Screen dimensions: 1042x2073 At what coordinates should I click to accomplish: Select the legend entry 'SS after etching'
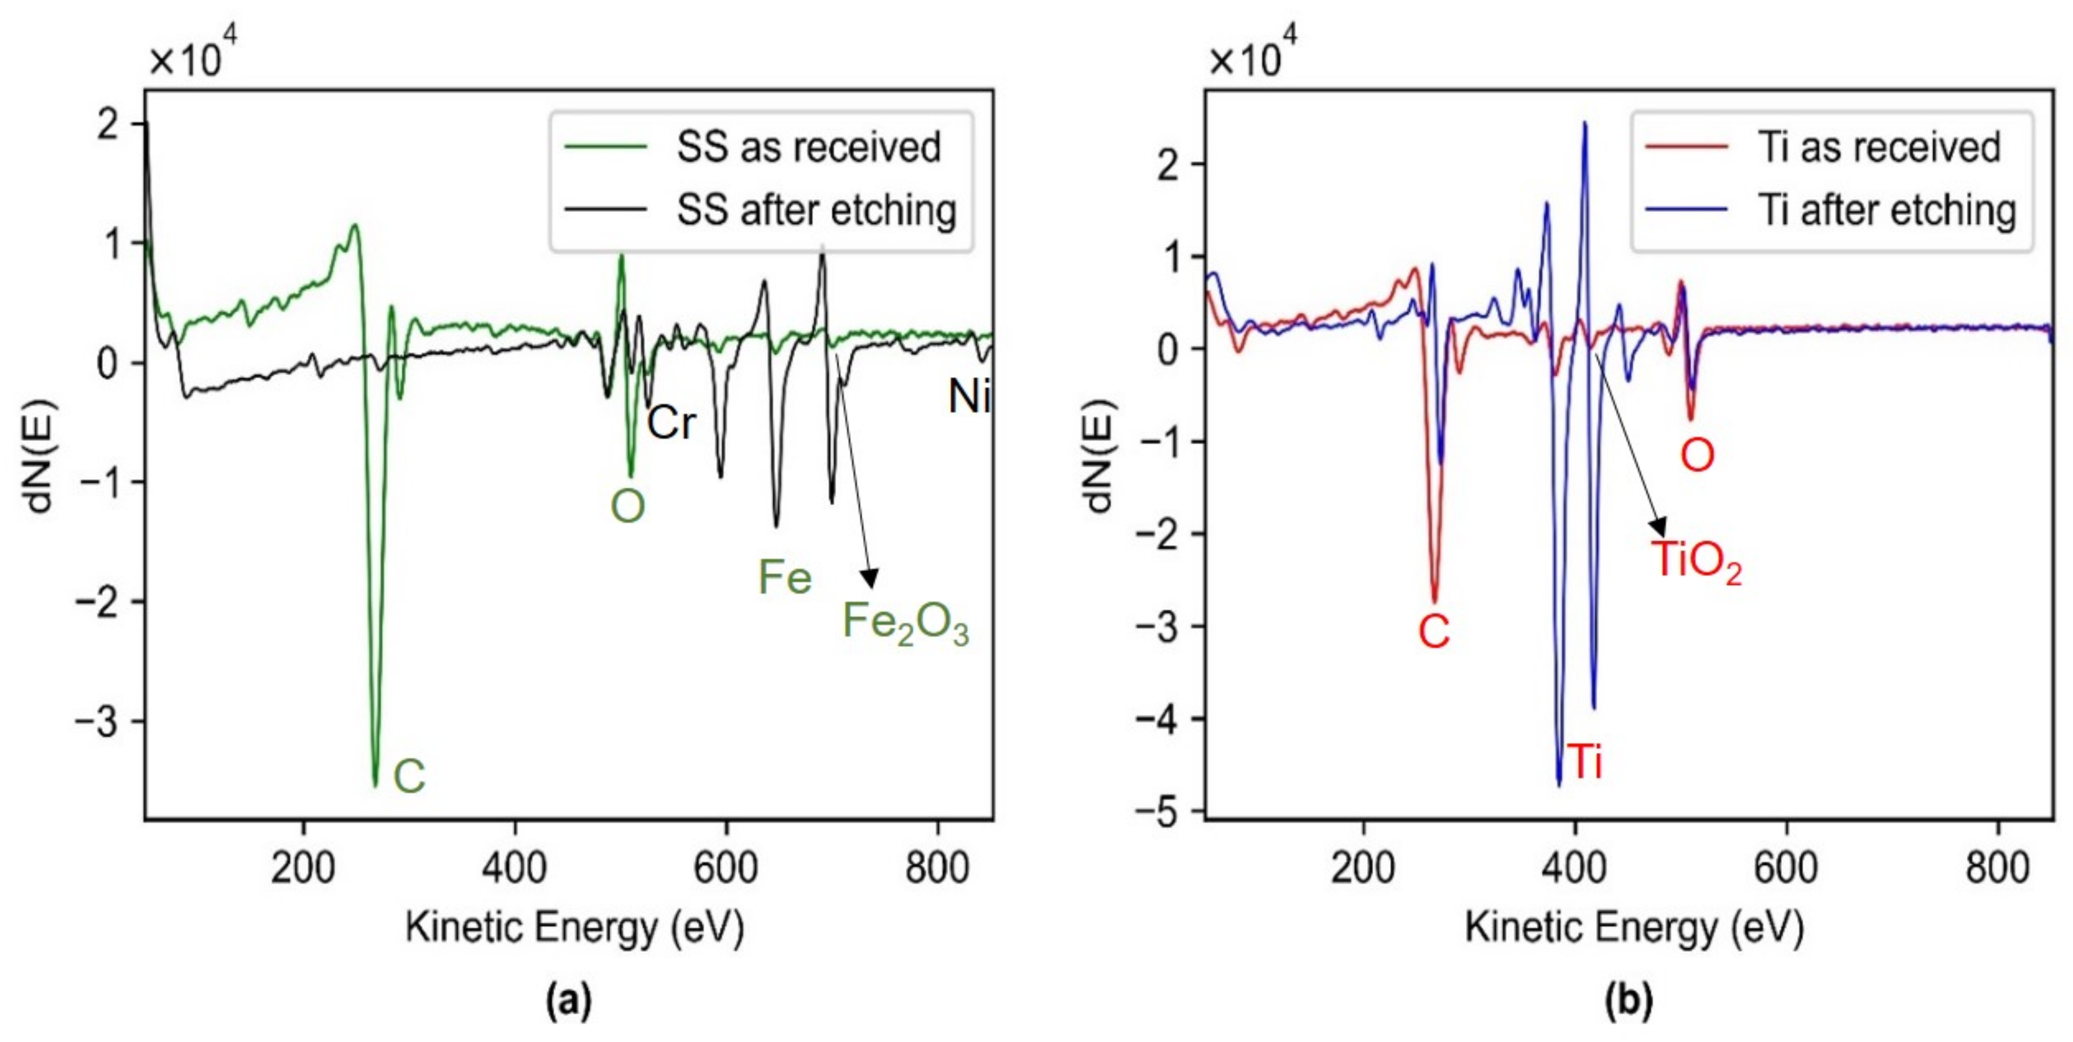pyautogui.click(x=815, y=210)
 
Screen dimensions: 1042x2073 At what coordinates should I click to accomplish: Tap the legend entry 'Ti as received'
pyautogui.click(x=1878, y=148)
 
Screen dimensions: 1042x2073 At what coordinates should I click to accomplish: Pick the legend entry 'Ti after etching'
pyautogui.click(x=1886, y=210)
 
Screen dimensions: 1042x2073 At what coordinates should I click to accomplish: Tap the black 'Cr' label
pyautogui.click(x=671, y=423)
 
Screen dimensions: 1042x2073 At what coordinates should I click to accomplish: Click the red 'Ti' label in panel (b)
pyautogui.click(x=1585, y=762)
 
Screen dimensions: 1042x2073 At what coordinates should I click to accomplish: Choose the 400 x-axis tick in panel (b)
pyautogui.click(x=1575, y=868)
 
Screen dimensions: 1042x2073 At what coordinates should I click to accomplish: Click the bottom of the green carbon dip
pyautogui.click(x=375, y=785)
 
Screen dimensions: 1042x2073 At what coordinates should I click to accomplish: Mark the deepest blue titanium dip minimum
pyautogui.click(x=1559, y=785)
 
